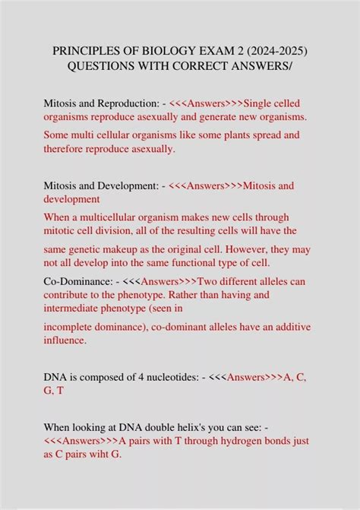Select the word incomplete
[x=71, y=327]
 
